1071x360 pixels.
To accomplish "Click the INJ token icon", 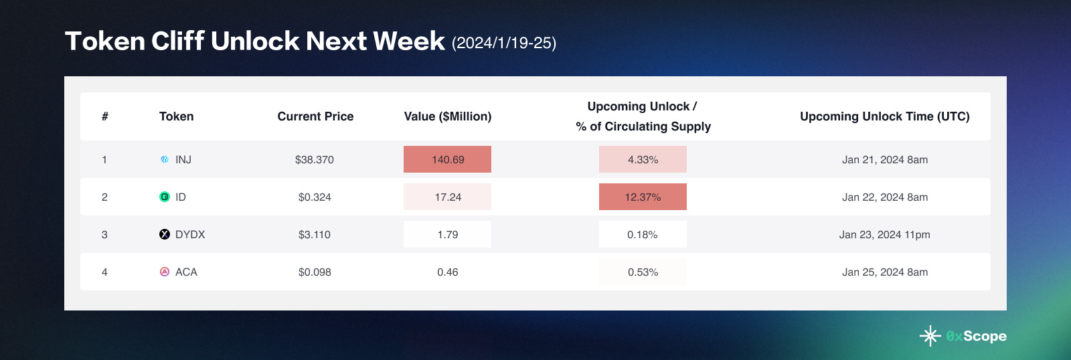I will point(165,159).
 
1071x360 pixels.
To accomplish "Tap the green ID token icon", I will point(165,197).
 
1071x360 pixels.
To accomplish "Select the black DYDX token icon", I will point(165,234).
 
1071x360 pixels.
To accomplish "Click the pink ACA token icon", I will point(165,272).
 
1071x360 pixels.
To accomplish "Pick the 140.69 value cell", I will point(447,159).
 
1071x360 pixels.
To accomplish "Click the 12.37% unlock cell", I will point(643,197).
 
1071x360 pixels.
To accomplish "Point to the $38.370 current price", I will point(315,159).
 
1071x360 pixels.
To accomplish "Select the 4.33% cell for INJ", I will point(643,159).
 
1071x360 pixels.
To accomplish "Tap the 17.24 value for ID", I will point(447,197).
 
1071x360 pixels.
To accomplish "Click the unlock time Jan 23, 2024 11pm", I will point(884,234).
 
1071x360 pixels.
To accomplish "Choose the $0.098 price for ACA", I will point(315,272).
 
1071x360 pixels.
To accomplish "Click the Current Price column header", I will point(315,116).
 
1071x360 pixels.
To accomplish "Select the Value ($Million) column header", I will point(447,116).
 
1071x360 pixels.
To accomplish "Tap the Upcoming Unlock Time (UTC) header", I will point(884,116).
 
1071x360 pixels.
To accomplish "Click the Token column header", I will point(176,116).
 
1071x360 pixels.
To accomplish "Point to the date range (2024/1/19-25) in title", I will point(504,43).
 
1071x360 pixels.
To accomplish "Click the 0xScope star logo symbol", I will point(930,336).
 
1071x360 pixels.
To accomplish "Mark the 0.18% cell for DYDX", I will point(643,234).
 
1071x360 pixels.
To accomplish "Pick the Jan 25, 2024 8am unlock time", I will point(884,272).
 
